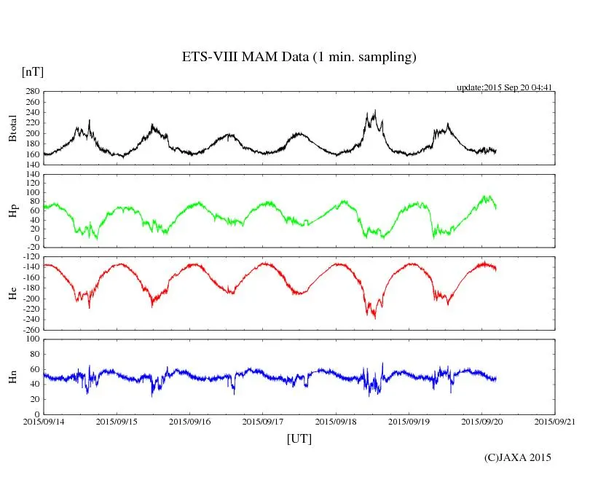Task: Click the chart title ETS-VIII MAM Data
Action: pos(299,58)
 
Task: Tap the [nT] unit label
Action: pos(33,72)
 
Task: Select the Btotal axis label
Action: pos(12,127)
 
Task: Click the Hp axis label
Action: pos(12,210)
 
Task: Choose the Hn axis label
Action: pos(12,376)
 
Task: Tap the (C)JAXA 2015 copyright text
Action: pos(518,457)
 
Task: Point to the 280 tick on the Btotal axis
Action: pos(31,92)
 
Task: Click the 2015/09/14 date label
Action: pos(43,421)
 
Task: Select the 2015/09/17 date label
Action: pos(263,421)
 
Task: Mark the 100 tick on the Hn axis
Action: pos(31,339)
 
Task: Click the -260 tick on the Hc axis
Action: pos(29,329)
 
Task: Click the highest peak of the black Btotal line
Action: pos(375,111)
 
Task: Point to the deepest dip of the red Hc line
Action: pos(375,318)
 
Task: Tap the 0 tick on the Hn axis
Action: pos(36,414)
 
